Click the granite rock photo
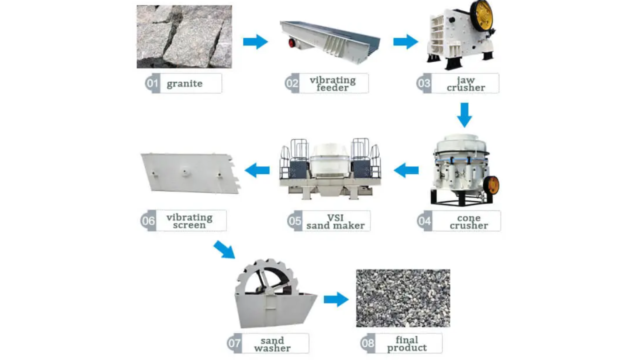click(x=184, y=36)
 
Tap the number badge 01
click(x=152, y=83)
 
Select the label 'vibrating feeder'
click(x=332, y=83)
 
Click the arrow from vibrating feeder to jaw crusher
click(x=405, y=41)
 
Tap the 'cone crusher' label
click(x=468, y=221)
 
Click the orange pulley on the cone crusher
click(x=492, y=185)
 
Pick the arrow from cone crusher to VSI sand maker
click(x=406, y=170)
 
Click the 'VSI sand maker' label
click(x=335, y=221)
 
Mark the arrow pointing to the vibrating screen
click(x=257, y=170)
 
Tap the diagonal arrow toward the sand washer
click(x=224, y=249)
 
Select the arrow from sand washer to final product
click(x=335, y=299)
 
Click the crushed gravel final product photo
click(x=403, y=298)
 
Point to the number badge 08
click(x=367, y=343)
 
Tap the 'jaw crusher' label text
click(x=465, y=83)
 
